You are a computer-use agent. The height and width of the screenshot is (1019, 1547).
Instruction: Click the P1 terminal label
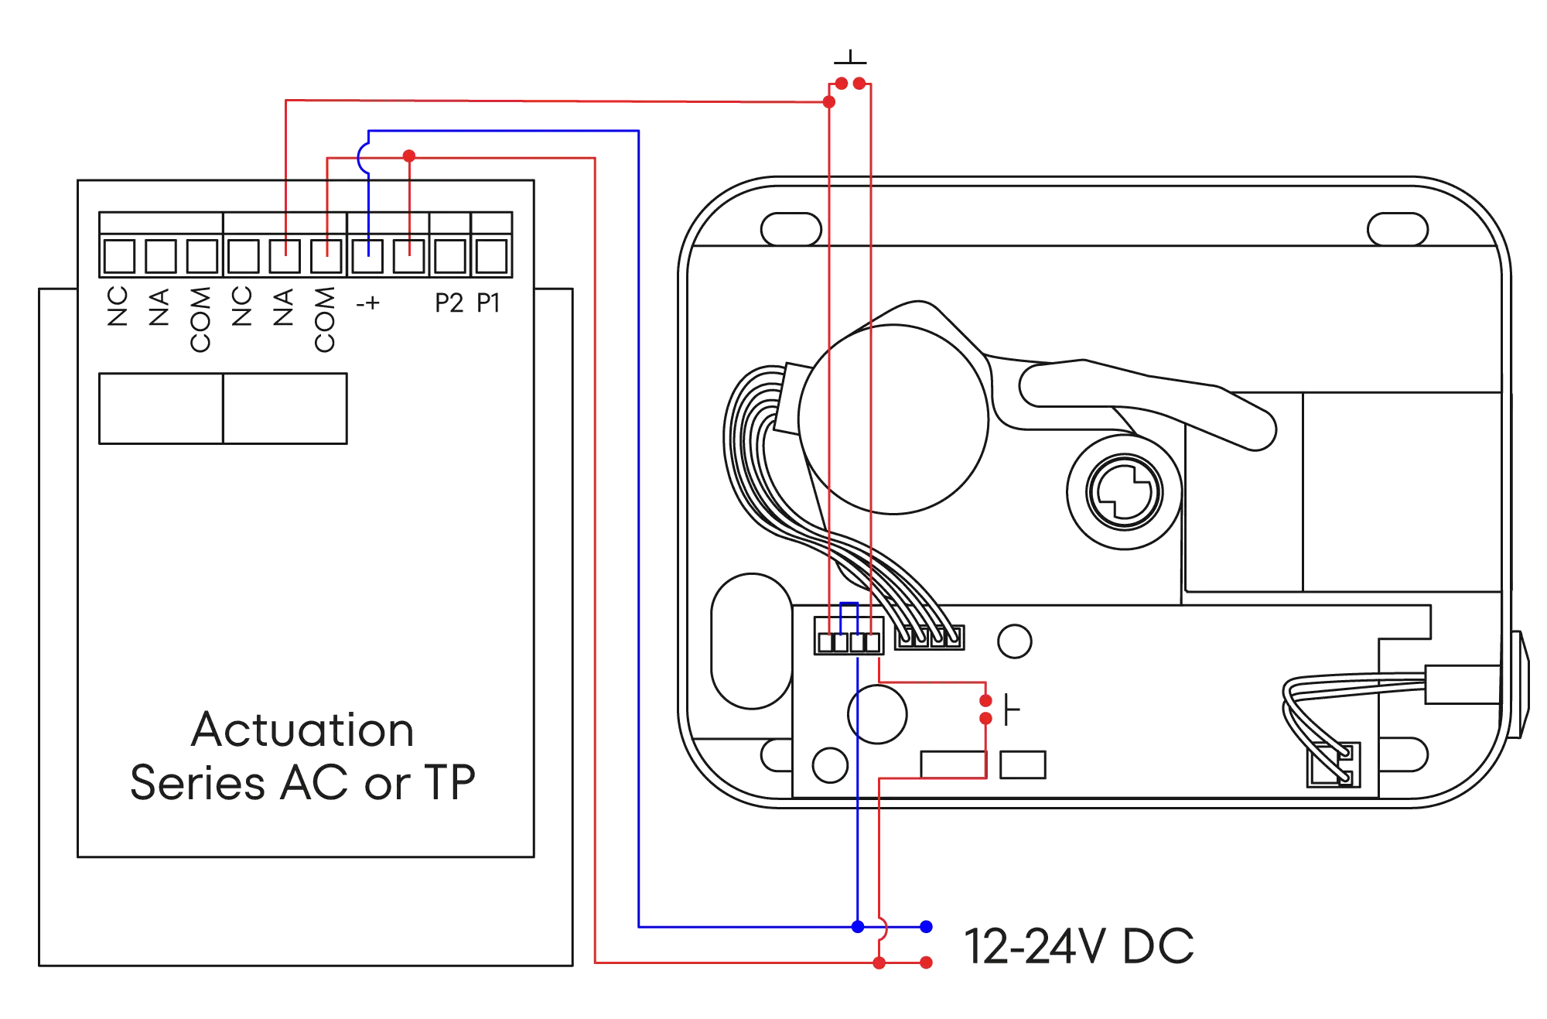click(x=489, y=303)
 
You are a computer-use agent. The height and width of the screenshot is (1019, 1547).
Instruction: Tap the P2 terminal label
click(x=448, y=303)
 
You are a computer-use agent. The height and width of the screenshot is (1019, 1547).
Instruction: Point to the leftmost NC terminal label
click(x=118, y=307)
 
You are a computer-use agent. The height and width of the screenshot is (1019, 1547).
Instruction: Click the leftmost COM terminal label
click(x=200, y=319)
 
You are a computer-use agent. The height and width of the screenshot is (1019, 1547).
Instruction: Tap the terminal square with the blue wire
click(x=367, y=254)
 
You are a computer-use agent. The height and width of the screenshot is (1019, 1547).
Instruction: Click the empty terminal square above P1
click(x=490, y=254)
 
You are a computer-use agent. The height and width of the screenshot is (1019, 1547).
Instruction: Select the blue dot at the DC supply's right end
click(x=926, y=926)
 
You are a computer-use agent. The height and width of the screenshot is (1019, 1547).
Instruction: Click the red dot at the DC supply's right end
click(x=926, y=963)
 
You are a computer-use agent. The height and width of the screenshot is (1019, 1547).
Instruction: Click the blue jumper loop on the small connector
click(x=849, y=608)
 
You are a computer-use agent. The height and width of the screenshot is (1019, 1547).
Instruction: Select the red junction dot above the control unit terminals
click(x=409, y=156)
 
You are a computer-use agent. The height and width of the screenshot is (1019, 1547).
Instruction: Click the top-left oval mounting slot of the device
click(x=791, y=229)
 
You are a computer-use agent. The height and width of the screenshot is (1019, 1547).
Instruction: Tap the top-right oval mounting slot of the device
click(x=1398, y=229)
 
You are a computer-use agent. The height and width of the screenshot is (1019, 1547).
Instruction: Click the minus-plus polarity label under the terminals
click(x=369, y=303)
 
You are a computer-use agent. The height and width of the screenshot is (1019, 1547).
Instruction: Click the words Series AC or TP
click(x=302, y=783)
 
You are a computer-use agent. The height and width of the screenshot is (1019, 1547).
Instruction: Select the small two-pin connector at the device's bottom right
click(x=1334, y=767)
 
